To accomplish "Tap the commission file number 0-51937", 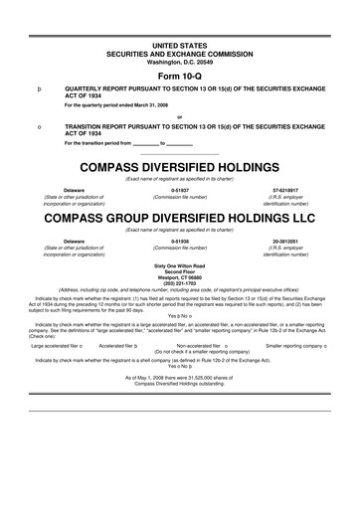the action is click(180, 187).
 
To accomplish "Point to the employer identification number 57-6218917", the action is click(289, 187).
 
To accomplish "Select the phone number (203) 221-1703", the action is click(179, 280).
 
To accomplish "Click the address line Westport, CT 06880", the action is click(179, 274).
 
